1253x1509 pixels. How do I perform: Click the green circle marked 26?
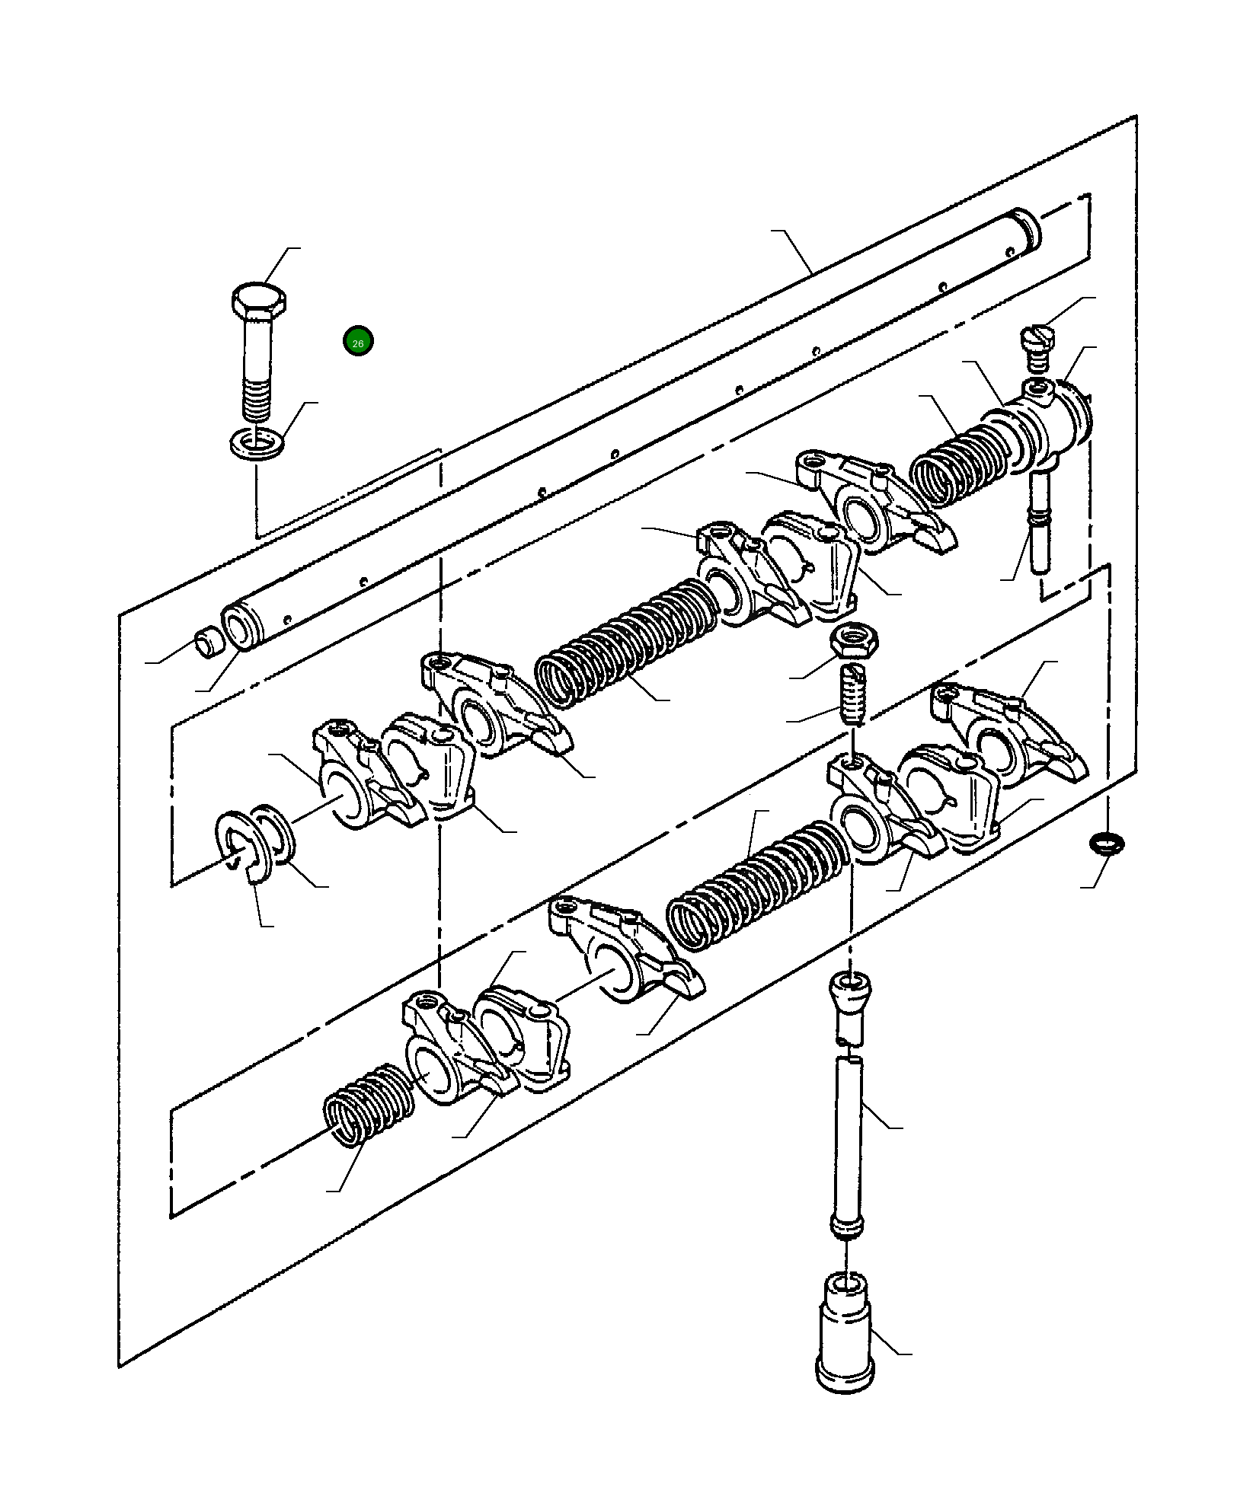tap(357, 342)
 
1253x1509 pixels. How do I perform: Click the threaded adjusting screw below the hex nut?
tap(853, 694)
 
